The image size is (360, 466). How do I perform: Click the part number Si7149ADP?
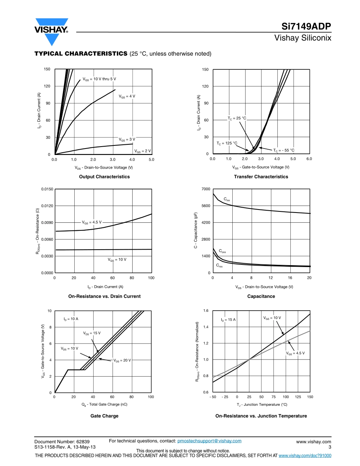click(306, 27)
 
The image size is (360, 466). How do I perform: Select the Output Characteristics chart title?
click(104, 177)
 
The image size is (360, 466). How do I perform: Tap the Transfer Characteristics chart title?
click(261, 177)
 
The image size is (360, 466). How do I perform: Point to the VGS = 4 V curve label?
click(127, 96)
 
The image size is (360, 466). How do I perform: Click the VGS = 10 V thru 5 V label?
click(99, 79)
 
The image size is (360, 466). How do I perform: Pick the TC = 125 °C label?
click(227, 143)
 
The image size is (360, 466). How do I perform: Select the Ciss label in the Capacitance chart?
click(227, 199)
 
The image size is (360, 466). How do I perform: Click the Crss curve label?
click(219, 266)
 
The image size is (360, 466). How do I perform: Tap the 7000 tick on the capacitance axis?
click(206, 189)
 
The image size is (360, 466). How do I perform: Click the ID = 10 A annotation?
click(71, 319)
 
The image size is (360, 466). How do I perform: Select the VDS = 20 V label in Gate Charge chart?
click(122, 360)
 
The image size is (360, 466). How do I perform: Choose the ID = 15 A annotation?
click(228, 320)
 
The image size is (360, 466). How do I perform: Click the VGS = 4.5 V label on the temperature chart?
click(295, 353)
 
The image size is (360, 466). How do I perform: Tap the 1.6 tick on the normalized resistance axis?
click(206, 311)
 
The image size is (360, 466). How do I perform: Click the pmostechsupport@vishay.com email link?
click(209, 441)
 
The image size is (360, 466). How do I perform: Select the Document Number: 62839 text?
click(62, 441)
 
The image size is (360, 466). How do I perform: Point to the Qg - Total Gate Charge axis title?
click(104, 404)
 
